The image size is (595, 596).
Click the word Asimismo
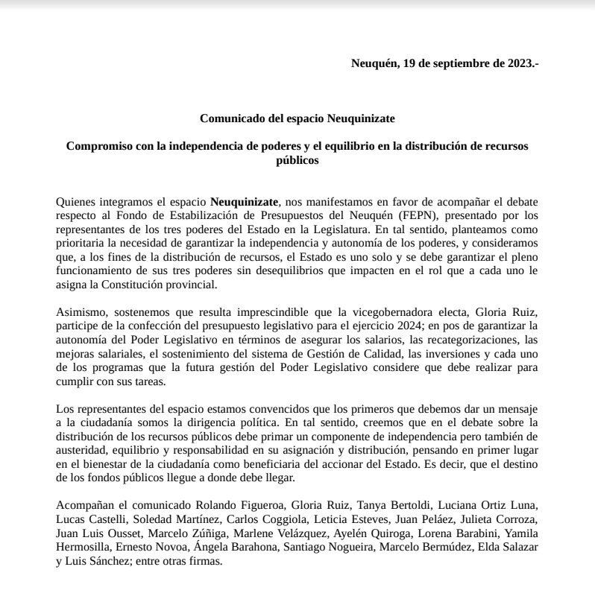(x=81, y=313)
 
